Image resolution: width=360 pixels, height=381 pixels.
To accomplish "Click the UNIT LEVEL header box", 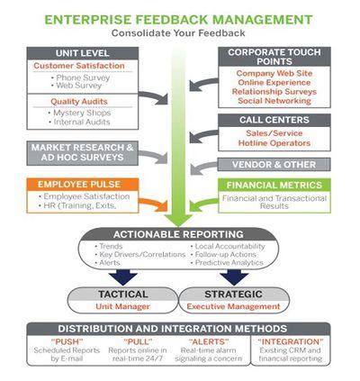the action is [x=83, y=53].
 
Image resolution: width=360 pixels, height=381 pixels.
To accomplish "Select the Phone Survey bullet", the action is [x=80, y=77].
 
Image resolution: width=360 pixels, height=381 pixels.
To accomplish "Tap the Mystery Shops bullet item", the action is [x=79, y=113].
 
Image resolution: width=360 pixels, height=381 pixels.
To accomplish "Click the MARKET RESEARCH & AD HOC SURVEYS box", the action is [x=83, y=153].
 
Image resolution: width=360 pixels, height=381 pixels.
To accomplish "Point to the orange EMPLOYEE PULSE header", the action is [x=83, y=185].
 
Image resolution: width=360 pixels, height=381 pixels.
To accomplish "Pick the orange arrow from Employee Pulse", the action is [x=154, y=204].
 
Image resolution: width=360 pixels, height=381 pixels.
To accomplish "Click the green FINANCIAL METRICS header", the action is [x=274, y=185].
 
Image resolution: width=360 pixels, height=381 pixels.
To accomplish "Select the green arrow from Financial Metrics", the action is [x=203, y=204].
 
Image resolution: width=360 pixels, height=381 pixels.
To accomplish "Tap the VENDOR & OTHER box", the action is [x=274, y=165].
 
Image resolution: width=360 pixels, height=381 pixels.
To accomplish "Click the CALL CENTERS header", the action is [x=274, y=120].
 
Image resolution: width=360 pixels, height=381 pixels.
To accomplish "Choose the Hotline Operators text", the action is [x=274, y=143].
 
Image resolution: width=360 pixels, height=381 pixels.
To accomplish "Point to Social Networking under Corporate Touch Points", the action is [x=274, y=101].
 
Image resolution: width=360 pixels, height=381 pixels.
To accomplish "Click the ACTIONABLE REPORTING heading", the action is [x=178, y=234].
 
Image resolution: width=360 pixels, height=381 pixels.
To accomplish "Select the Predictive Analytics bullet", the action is [x=227, y=263].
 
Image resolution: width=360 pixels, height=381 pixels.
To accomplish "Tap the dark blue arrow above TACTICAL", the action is [x=123, y=277].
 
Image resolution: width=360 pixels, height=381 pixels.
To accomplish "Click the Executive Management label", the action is [x=233, y=306].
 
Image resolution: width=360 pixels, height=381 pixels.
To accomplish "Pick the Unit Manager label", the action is [x=122, y=306].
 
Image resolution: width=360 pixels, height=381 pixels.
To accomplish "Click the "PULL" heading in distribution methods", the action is [x=138, y=341].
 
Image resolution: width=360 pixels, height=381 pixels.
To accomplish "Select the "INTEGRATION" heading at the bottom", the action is [x=291, y=341].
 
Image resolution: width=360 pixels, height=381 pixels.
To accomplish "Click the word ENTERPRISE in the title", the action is [x=87, y=20].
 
